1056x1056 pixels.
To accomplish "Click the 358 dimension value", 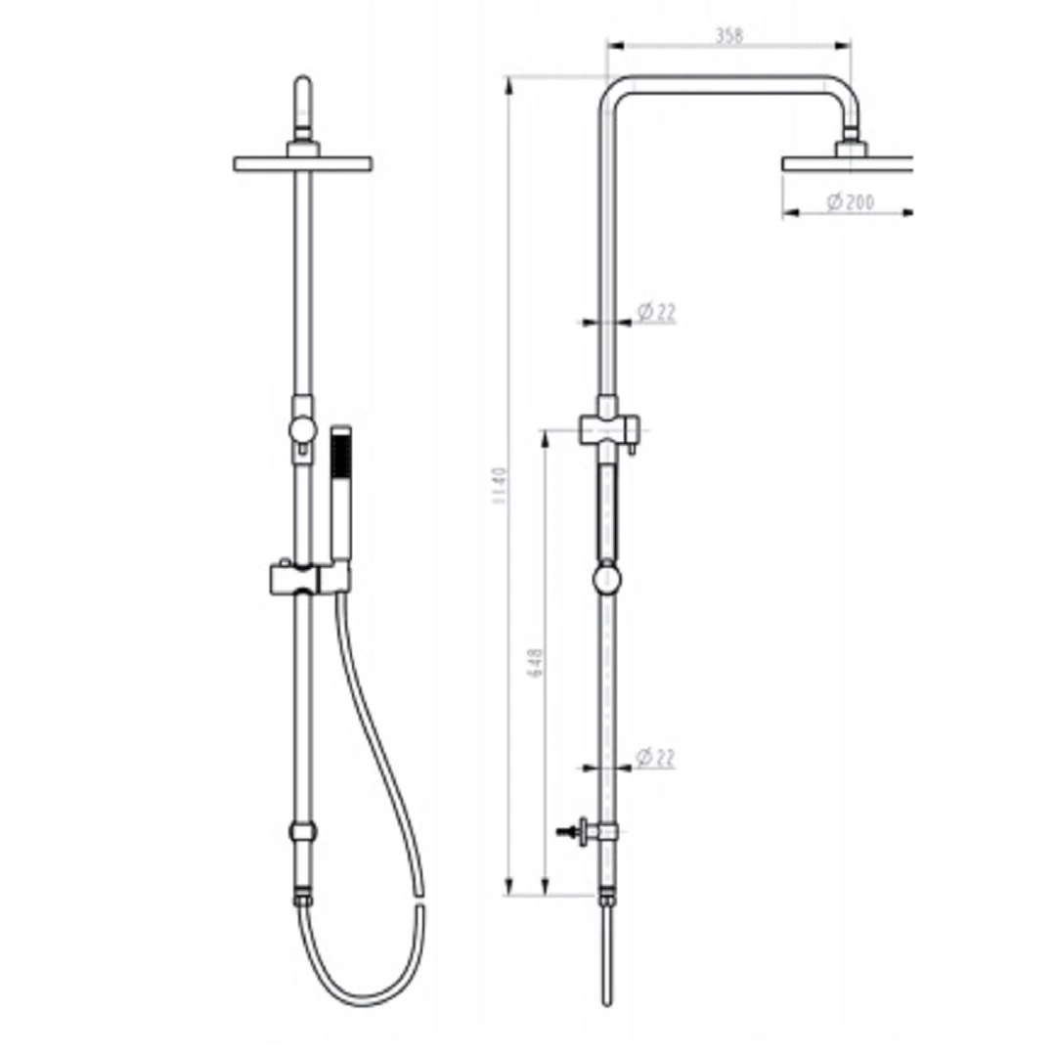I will [728, 35].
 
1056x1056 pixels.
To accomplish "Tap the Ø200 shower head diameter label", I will [850, 202].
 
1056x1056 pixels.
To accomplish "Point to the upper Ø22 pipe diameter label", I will [656, 312].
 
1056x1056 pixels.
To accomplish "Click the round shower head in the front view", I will [303, 163].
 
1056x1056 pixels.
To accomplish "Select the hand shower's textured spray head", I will [340, 456].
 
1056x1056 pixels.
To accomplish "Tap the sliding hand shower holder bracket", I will [307, 579].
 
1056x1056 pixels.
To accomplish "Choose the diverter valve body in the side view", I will [607, 428].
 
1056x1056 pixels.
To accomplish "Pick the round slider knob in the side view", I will [607, 579].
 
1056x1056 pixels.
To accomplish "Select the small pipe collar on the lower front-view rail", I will [303, 832].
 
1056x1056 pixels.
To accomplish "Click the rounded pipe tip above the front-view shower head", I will [303, 88].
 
